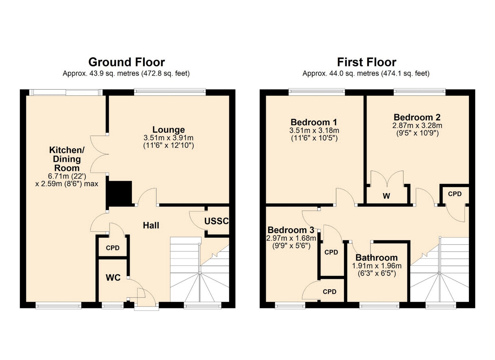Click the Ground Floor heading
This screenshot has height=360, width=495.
[x=127, y=62]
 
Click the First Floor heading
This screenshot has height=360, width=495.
[x=367, y=62]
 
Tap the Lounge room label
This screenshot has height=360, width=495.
[x=169, y=129]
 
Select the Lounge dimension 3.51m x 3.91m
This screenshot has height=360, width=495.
[x=169, y=138]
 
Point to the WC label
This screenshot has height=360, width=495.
[x=113, y=277]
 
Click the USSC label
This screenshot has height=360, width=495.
[x=217, y=221]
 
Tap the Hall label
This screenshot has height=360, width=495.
[x=151, y=225]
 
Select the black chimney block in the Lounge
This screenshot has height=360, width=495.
[x=119, y=193]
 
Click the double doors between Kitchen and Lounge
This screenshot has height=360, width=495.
[x=99, y=154]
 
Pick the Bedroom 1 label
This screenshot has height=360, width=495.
[x=314, y=122]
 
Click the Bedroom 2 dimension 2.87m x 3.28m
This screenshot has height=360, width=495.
[x=417, y=126]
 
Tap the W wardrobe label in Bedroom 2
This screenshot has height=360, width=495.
[x=386, y=196]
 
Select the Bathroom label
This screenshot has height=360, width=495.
[x=377, y=258]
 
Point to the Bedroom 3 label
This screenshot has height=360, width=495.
[x=291, y=230]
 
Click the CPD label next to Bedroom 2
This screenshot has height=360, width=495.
[x=455, y=194]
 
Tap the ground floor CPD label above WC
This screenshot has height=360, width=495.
[x=113, y=248]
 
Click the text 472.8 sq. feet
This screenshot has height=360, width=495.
[x=165, y=74]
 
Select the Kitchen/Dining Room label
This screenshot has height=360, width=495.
[x=67, y=159]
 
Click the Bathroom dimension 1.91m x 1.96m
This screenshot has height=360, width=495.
[x=377, y=266]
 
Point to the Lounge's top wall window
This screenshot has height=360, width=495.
[x=170, y=92]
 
